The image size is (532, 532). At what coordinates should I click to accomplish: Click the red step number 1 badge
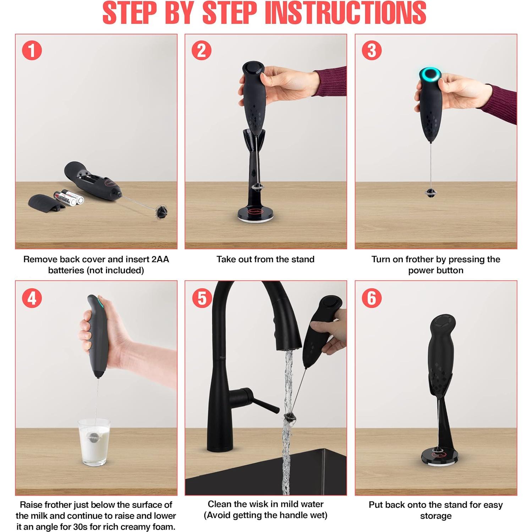[32, 50]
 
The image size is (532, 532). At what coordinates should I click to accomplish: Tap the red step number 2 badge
[202, 50]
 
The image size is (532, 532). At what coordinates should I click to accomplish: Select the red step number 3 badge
[372, 50]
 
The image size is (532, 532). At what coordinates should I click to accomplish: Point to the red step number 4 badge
[32, 298]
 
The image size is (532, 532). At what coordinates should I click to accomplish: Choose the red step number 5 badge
[202, 298]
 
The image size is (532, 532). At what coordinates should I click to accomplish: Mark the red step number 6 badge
[372, 298]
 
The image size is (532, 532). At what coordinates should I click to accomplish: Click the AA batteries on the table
[68, 197]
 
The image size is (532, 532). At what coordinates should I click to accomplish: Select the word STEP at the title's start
[130, 13]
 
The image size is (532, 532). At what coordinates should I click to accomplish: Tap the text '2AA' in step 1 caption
[160, 259]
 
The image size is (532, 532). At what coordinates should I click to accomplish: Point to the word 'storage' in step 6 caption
[436, 516]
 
